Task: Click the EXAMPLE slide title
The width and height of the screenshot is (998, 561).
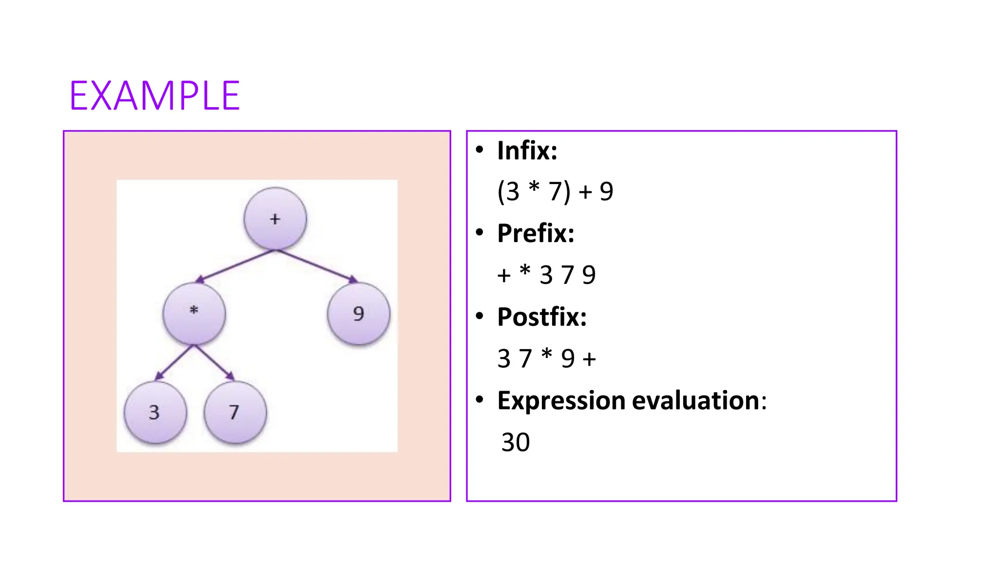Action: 154,96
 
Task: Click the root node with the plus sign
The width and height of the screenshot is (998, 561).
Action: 275,219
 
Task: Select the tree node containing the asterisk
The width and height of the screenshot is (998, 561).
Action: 194,313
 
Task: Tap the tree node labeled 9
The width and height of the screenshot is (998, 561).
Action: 359,313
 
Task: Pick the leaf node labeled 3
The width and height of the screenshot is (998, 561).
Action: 155,412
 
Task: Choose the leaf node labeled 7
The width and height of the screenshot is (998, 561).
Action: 235,412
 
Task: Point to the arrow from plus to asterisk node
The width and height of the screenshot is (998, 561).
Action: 235,266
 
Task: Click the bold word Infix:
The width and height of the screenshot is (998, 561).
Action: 527,150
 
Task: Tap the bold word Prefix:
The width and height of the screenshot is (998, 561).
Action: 536,233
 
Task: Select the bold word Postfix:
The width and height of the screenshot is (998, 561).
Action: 542,317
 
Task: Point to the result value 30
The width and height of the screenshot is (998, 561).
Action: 516,442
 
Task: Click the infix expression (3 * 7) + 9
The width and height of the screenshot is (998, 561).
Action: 555,191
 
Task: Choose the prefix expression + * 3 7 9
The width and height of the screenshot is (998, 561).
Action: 546,275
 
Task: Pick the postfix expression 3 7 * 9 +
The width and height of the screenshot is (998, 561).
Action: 546,358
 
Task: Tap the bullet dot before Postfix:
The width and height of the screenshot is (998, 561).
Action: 480,317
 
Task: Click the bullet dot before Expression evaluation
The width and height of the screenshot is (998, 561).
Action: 480,400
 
